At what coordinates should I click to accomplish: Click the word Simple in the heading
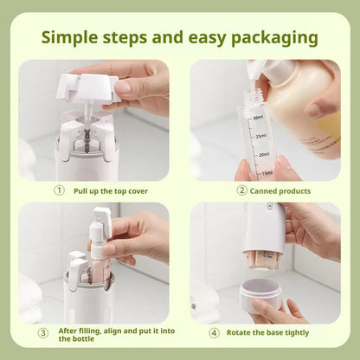coord(73,38)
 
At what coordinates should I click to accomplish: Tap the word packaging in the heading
coord(272,38)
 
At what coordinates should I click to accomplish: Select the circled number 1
coord(59,190)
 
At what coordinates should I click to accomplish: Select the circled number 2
coord(241,190)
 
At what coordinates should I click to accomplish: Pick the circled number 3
coord(43,333)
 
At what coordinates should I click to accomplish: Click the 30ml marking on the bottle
coord(258,118)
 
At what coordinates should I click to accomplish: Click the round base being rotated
coord(260,295)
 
